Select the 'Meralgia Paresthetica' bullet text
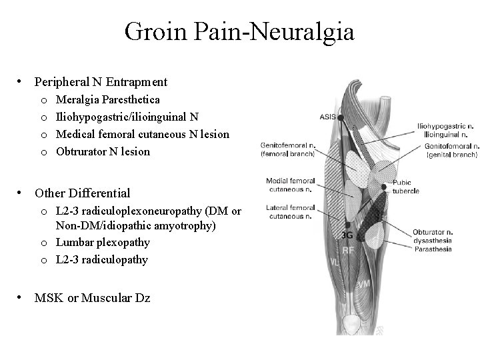[x=107, y=99]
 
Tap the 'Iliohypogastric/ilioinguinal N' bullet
[x=127, y=117]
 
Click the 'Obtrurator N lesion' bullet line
[x=103, y=151]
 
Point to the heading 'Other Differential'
[x=82, y=193]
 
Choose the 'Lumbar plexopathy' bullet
[x=103, y=242]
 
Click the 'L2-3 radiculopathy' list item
[x=102, y=259]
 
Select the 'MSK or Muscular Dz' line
[x=92, y=298]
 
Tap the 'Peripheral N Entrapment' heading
[x=101, y=83]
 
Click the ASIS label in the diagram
[x=327, y=116]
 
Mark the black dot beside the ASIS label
[x=340, y=117]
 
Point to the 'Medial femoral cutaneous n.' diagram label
[x=290, y=185]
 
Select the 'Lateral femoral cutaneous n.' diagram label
[x=290, y=212]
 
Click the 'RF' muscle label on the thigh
[x=348, y=251]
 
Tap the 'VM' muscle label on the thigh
[x=364, y=284]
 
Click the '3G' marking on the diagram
[x=347, y=235]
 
